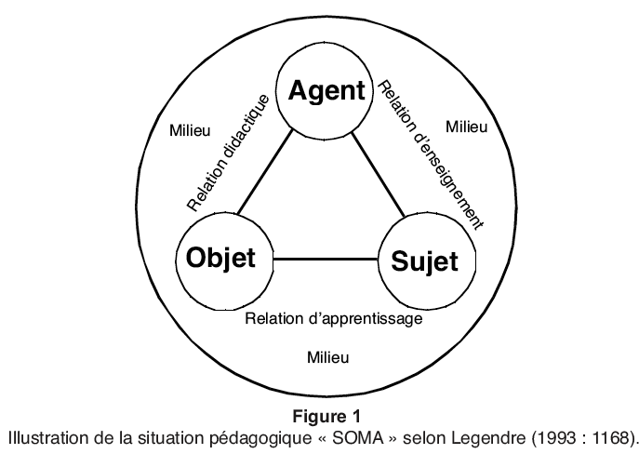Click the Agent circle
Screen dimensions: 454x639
(326, 90)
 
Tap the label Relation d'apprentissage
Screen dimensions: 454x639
(334, 318)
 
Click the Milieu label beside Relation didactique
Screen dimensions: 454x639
(191, 131)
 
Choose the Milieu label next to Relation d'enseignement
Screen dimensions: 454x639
(467, 127)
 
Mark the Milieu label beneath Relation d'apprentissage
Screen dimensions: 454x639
(327, 357)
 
